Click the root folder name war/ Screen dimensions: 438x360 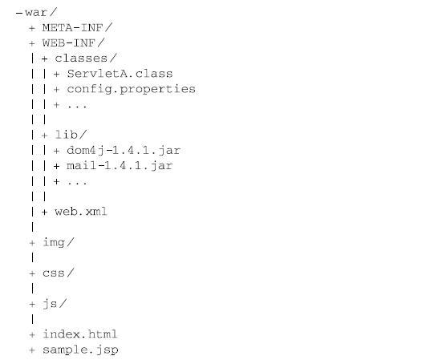pyautogui.click(x=41, y=13)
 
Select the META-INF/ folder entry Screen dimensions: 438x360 pyautogui.click(x=77, y=27)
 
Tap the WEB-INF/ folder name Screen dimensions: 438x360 pyautogui.click(x=74, y=43)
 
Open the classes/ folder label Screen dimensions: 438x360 pyautogui.click(x=86, y=59)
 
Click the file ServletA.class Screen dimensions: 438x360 pyautogui.click(x=120, y=74)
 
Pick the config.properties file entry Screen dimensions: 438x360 pyautogui.click(x=132, y=89)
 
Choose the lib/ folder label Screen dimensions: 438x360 pyautogui.click(x=71, y=135)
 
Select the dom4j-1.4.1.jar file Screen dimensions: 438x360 pyautogui.click(x=124, y=151)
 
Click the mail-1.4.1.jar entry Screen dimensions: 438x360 pyautogui.click(x=120, y=166)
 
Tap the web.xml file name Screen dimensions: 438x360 pyautogui.click(x=81, y=212)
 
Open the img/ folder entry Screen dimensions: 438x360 pyautogui.click(x=58, y=242)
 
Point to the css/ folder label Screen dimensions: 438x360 pyautogui.click(x=58, y=273)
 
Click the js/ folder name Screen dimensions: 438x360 pyautogui.click(x=55, y=304)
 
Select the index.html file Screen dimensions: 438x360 pyautogui.click(x=80, y=334)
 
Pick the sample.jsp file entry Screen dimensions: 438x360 pyautogui.click(x=80, y=350)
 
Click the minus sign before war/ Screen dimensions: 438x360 pyautogui.click(x=19, y=13)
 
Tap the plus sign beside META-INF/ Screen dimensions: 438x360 pyautogui.click(x=32, y=28)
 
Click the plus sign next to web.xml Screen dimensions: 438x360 pyautogui.click(x=44, y=212)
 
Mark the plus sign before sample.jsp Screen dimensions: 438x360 pyautogui.click(x=32, y=350)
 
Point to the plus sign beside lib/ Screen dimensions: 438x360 pyautogui.click(x=44, y=136)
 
